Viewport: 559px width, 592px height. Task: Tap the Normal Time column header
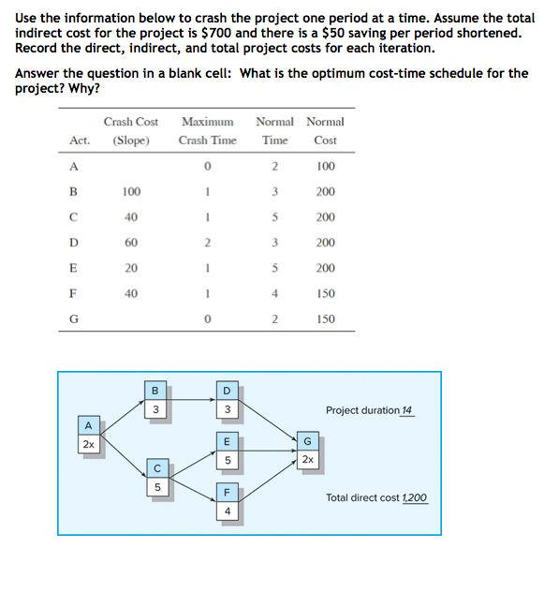point(274,130)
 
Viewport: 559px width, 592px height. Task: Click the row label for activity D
point(73,243)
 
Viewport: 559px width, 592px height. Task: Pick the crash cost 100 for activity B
point(131,192)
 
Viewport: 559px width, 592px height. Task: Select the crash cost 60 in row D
point(131,243)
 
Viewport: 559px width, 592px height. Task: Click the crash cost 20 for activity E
point(131,268)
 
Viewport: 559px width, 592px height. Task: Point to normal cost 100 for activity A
point(325,167)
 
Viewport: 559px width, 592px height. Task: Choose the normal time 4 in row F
point(274,293)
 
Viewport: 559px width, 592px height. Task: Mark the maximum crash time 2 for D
point(207,243)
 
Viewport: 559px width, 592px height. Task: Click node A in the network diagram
point(86,427)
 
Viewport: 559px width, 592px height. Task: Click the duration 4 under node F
point(227,511)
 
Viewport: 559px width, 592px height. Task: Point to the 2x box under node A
point(86,444)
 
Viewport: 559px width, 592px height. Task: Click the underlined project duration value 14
point(406,411)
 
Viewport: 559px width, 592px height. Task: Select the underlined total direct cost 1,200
point(414,498)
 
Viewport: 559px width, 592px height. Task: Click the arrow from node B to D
point(191,402)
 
